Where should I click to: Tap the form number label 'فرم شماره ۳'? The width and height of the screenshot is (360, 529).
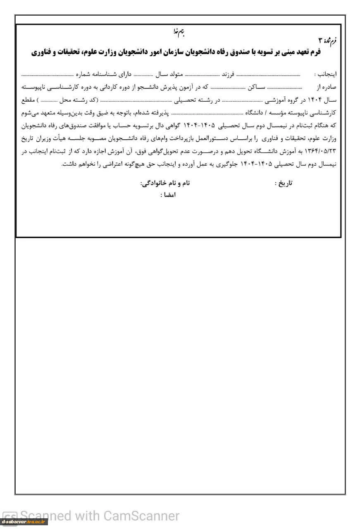[328, 40]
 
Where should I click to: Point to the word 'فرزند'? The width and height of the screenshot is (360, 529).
[227, 75]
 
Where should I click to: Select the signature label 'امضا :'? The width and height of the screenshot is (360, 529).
[168, 195]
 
